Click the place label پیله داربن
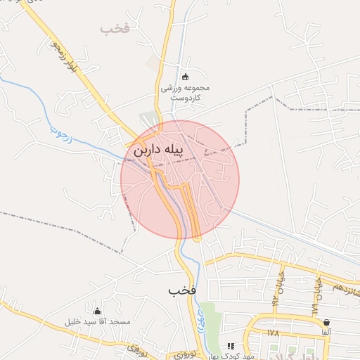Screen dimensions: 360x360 158,149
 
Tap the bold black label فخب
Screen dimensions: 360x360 182,290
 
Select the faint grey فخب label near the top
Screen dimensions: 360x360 116,29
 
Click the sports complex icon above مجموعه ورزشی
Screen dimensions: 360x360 185,77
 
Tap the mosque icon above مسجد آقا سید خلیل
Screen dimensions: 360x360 97,311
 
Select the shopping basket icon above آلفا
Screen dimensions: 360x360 327,322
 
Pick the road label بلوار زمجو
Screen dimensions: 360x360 63,56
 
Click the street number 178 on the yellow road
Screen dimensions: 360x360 274,332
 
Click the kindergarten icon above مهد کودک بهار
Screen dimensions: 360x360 231,346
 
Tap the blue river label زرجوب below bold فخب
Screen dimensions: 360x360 202,314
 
